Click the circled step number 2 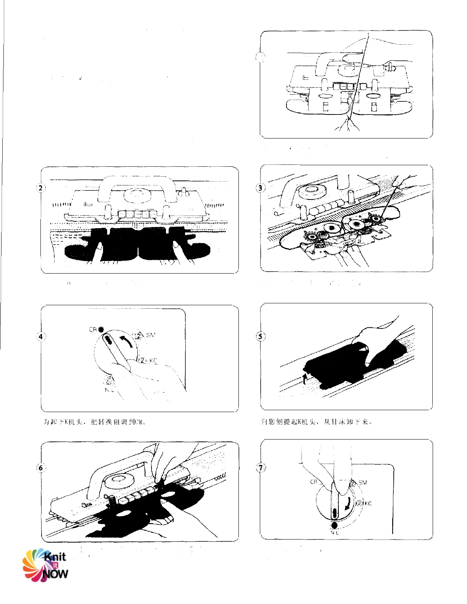click(41, 188)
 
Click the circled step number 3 click(261, 188)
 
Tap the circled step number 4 click(41, 337)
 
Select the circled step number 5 click(261, 337)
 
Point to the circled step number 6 click(41, 468)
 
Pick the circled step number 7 click(261, 467)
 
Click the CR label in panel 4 click(93, 330)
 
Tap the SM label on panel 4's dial click(150, 335)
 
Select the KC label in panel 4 click(153, 360)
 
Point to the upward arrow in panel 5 click(304, 379)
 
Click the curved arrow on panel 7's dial click(348, 504)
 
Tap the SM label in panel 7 click(362, 483)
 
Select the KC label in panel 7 click(368, 504)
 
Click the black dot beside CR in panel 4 click(101, 330)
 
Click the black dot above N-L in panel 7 click(335, 525)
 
